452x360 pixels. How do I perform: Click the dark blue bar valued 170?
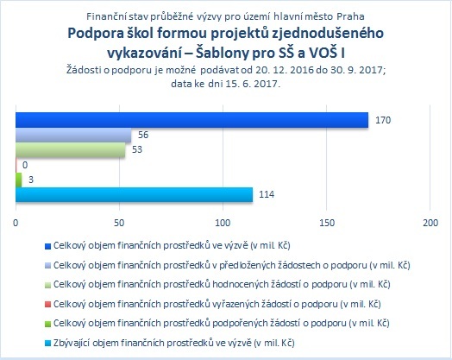tap(192, 120)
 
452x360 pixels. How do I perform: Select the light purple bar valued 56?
tap(73, 135)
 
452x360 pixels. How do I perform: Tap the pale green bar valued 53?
tap(71, 150)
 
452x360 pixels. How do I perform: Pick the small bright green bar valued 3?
tap(19, 180)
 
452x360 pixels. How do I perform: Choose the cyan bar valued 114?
tap(134, 195)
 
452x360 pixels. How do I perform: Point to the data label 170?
tap(383, 120)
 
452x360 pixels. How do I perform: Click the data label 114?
tap(267, 194)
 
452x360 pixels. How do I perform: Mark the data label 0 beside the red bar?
tap(25, 165)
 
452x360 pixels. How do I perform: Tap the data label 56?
tap(143, 135)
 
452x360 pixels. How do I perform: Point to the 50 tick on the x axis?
tap(119, 223)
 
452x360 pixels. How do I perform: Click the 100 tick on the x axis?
tap(223, 223)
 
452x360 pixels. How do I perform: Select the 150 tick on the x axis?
tap(327, 223)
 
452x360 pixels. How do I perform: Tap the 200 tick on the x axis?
tap(430, 223)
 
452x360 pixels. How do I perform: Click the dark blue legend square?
tap(47, 246)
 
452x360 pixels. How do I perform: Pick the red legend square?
tap(47, 305)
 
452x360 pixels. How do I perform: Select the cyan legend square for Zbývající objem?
tap(47, 344)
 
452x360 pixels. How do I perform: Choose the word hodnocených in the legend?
tap(241, 284)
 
